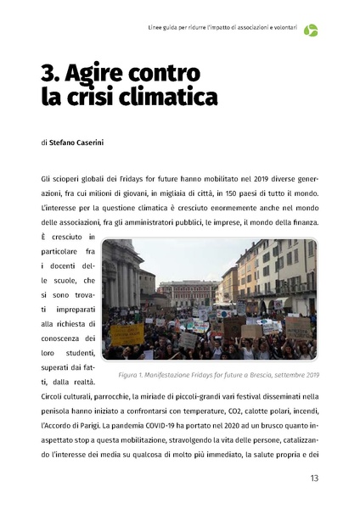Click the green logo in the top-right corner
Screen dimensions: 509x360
pyautogui.click(x=312, y=31)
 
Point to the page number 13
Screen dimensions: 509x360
pyautogui.click(x=313, y=478)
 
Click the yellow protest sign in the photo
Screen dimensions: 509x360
pyautogui.click(x=127, y=335)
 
